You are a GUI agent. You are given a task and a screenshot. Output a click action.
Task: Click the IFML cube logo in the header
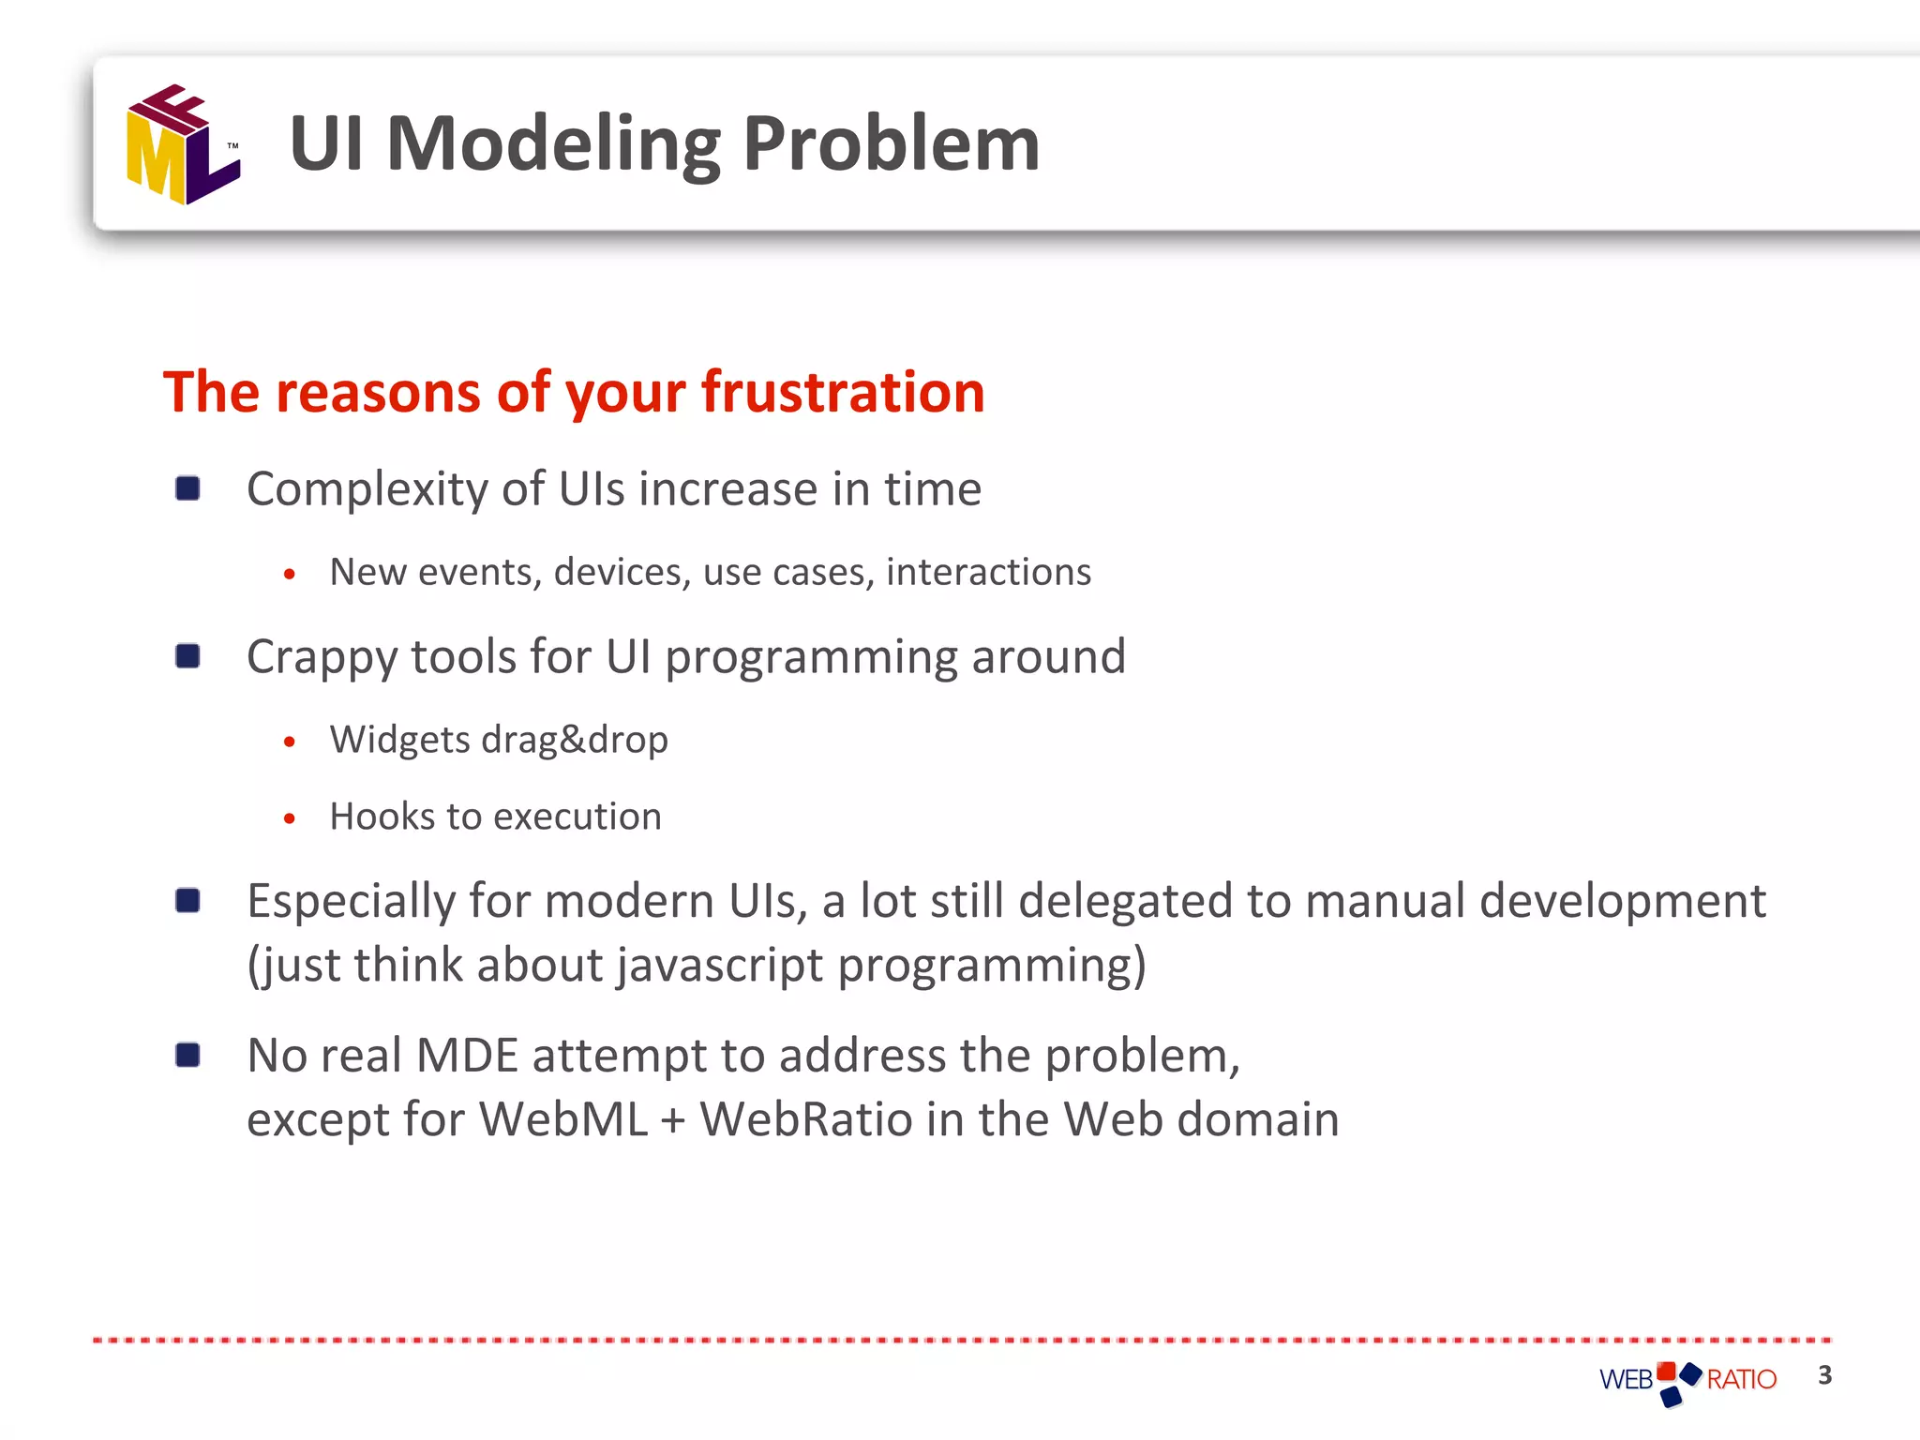click(183, 144)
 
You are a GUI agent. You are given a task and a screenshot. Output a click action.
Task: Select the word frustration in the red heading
click(843, 392)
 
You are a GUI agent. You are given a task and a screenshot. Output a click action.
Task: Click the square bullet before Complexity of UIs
click(187, 488)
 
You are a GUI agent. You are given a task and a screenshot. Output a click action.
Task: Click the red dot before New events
click(290, 574)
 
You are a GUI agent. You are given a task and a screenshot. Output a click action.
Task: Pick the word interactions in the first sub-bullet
click(988, 572)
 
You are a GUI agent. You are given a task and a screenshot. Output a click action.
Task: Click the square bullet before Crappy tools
click(187, 656)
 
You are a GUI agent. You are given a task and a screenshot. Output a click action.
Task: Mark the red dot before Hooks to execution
click(290, 818)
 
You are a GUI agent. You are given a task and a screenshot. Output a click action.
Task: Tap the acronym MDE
click(467, 1056)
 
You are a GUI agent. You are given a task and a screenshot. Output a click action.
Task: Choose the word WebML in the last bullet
click(563, 1119)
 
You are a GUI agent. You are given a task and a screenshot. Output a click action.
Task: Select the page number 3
click(1824, 1375)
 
